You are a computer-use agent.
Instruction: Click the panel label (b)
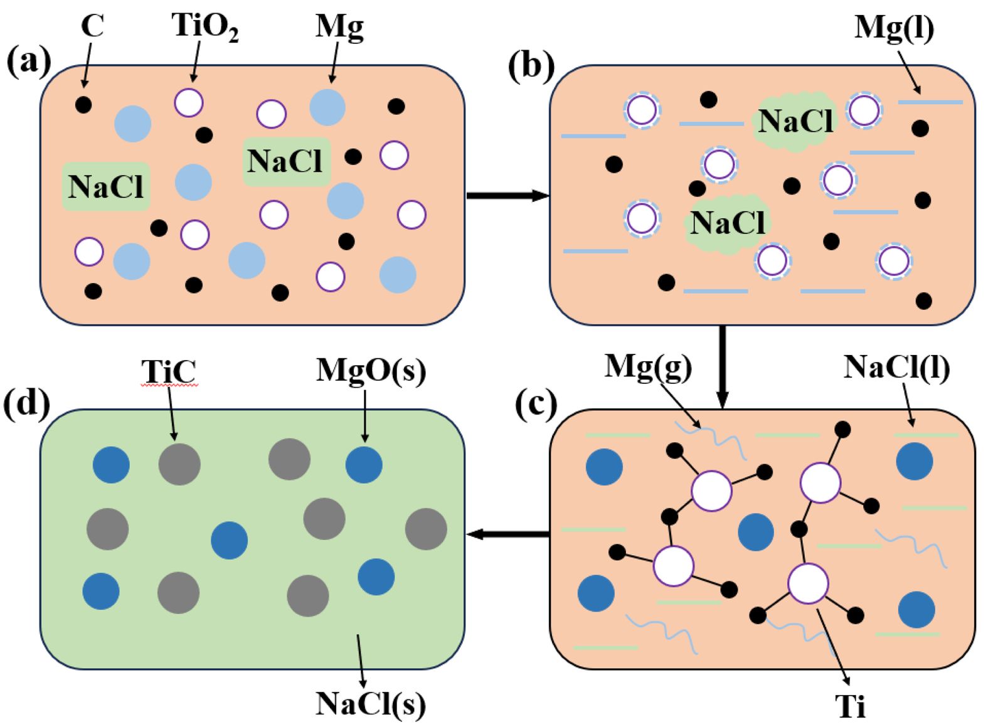click(x=531, y=66)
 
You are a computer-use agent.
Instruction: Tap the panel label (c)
click(x=536, y=405)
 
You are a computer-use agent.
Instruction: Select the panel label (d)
click(x=26, y=404)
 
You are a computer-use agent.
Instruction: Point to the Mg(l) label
click(x=894, y=28)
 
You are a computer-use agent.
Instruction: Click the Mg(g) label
click(x=648, y=366)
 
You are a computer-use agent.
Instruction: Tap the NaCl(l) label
click(x=896, y=367)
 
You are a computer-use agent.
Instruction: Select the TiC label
click(x=168, y=371)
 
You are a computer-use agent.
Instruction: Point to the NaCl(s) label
click(x=370, y=704)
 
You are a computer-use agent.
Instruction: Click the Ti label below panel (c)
click(x=850, y=706)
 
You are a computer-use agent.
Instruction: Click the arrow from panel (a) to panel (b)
click(x=507, y=196)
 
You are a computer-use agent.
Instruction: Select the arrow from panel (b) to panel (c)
click(x=723, y=367)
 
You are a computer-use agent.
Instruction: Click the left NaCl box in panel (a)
click(x=106, y=186)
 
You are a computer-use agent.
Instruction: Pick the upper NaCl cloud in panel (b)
click(x=795, y=121)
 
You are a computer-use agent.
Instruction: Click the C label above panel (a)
click(x=92, y=27)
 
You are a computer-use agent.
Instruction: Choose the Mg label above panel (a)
click(x=339, y=27)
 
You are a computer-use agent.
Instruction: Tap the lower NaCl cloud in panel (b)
click(x=728, y=223)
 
